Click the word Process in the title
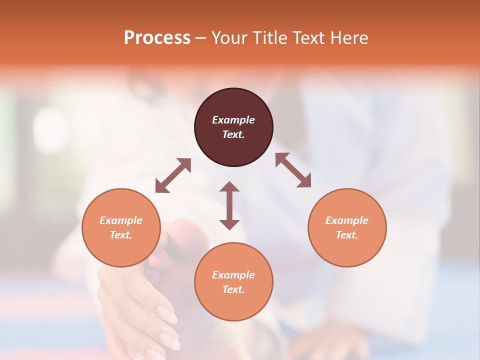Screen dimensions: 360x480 coord(157,38)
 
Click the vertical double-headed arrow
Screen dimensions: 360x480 coord(229,205)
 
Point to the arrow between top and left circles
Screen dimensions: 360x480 coord(173,175)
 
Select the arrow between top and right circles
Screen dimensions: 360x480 coord(293,170)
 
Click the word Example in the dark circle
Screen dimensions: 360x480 coord(233,120)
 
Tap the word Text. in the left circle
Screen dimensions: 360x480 coord(121,235)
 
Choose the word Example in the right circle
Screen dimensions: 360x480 coord(347,220)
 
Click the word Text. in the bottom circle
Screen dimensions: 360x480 coord(233,289)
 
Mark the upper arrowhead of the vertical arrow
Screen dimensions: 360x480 coord(229,187)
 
